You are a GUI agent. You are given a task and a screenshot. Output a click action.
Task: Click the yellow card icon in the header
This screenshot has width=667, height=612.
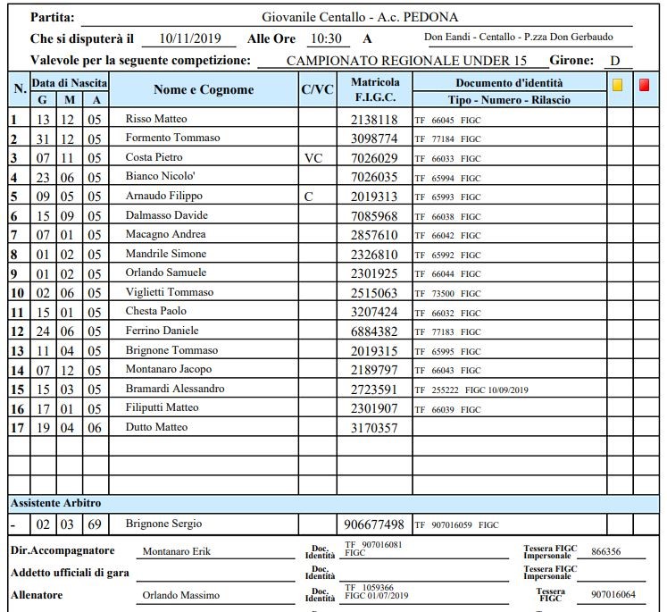pos(618,86)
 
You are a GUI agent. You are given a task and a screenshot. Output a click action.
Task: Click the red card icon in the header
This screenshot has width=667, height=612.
pos(645,86)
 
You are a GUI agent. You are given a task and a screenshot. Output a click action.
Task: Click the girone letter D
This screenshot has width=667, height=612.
pos(615,61)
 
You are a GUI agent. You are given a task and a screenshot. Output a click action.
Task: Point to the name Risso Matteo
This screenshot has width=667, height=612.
pos(156,119)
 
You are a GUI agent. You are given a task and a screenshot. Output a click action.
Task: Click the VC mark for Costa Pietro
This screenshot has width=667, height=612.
pos(313,157)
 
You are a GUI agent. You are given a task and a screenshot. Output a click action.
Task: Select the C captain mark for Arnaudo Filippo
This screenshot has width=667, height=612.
pos(308,196)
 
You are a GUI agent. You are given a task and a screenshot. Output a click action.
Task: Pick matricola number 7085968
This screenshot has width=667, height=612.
pos(374,215)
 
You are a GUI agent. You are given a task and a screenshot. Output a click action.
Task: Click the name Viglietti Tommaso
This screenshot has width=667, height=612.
pos(170,292)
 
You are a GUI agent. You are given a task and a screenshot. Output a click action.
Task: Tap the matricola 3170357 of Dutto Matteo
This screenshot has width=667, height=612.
pos(374,428)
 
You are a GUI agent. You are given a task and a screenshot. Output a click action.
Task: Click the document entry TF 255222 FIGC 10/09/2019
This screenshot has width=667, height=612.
pos(471,390)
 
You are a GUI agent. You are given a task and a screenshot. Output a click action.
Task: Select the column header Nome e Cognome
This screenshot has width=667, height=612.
pos(204,89)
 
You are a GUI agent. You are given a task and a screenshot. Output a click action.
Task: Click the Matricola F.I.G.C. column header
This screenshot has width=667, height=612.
pos(375,89)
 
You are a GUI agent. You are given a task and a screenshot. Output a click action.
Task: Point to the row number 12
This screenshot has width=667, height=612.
pos(17,331)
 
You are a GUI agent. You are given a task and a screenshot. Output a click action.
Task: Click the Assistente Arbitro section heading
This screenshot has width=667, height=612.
pos(55,503)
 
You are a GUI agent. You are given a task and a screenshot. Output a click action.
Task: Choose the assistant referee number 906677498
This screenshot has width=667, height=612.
pos(374,524)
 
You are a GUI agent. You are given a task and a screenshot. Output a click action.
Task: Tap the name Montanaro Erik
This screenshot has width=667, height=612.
pos(177,552)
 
